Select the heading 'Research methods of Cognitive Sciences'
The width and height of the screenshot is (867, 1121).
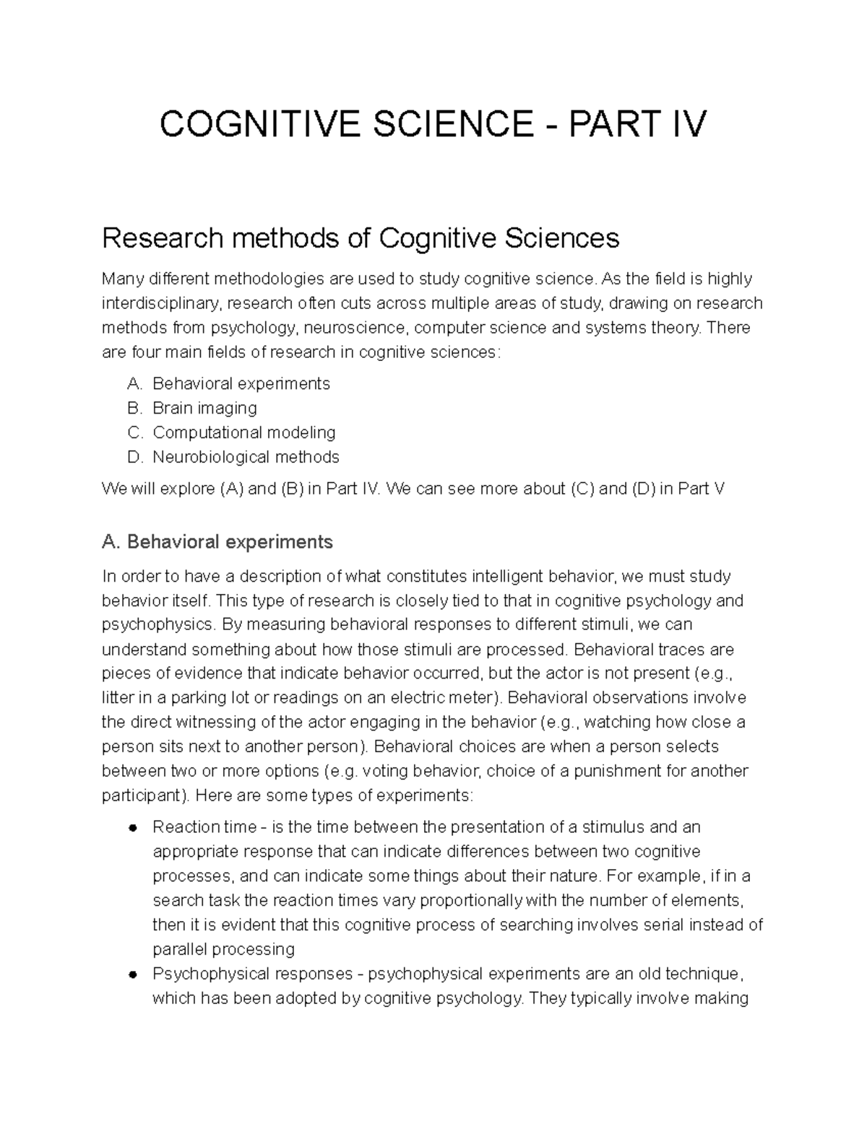(x=361, y=237)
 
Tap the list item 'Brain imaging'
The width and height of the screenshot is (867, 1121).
(x=204, y=408)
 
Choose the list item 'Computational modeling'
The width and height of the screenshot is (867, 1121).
(x=243, y=432)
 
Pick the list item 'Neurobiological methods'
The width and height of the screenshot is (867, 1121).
(x=246, y=457)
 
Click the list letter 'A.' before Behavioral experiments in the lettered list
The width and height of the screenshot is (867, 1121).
(x=135, y=383)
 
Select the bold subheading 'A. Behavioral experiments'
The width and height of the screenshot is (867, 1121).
(x=217, y=541)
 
